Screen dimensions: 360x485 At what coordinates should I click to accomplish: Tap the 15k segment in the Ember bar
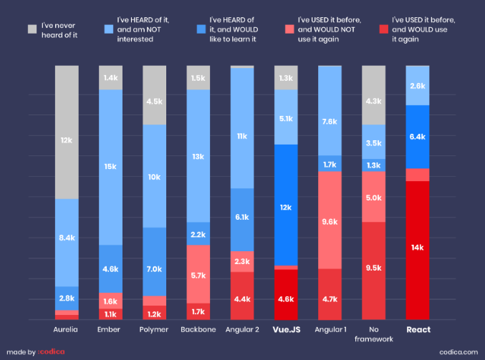click(110, 167)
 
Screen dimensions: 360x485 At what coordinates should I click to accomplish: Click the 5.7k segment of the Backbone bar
click(198, 274)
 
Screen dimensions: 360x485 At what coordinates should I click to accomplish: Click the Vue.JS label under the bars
click(287, 330)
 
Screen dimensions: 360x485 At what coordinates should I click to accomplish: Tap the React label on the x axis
click(418, 330)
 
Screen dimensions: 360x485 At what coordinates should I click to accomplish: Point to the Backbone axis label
click(198, 330)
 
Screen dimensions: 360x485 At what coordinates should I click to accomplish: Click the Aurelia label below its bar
click(67, 330)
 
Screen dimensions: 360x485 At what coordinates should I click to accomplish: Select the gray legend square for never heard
click(32, 29)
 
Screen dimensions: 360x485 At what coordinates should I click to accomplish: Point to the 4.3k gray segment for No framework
click(374, 101)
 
